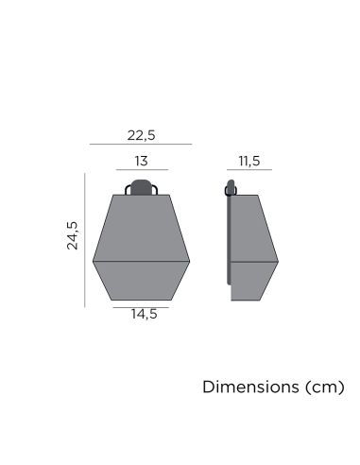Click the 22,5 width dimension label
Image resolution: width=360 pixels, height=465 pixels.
(141, 134)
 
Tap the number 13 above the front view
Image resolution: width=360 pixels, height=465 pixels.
(141, 161)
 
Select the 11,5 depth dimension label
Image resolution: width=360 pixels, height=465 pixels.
(249, 161)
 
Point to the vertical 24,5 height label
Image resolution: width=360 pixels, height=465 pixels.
(73, 236)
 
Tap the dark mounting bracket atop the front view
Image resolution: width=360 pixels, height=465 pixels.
(141, 185)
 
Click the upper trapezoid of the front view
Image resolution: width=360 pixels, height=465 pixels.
(141, 227)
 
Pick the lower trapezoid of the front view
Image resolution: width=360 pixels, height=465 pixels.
(141, 281)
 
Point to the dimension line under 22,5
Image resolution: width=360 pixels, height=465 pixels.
(141, 145)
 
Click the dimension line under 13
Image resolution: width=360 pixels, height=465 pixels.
(141, 171)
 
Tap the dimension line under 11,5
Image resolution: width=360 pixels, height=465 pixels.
(249, 171)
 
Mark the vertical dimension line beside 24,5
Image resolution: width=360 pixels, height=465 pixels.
(85, 239)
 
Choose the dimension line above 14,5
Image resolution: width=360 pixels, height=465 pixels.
(141, 306)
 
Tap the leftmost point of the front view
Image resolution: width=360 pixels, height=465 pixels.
(94, 259)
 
